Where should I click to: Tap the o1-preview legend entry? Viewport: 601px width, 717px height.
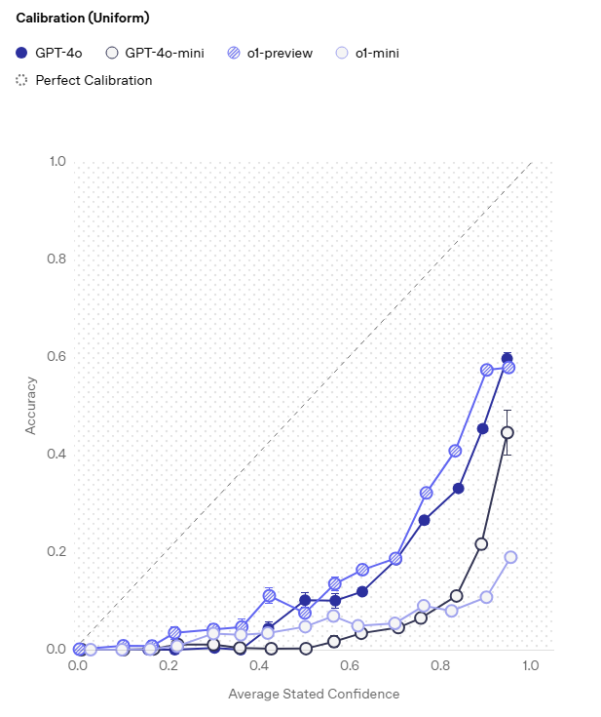pos(270,53)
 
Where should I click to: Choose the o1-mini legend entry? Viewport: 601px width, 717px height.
pos(367,53)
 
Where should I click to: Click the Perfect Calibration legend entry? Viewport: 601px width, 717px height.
pos(85,80)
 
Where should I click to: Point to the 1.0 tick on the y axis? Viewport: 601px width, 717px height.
pos(57,161)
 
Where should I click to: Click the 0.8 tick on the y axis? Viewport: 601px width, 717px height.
pos(57,259)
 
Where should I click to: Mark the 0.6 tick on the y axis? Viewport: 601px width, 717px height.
pos(57,356)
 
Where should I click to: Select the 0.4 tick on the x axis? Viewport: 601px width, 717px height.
pos(259,666)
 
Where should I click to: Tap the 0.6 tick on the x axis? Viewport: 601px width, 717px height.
pos(350,666)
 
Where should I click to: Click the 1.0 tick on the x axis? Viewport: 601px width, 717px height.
pos(530,666)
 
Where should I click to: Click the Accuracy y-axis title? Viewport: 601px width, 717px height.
pos(32,405)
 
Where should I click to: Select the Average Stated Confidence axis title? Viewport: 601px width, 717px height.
pos(314,694)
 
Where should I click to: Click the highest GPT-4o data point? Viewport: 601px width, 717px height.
pos(507,359)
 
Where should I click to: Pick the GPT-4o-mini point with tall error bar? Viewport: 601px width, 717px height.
pos(507,432)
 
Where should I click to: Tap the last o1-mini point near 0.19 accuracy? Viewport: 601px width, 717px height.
pos(510,557)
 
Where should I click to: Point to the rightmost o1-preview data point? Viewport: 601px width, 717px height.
pos(508,368)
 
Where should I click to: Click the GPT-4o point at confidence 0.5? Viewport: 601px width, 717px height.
pos(305,600)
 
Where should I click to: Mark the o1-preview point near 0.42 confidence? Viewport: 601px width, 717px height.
pos(269,595)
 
